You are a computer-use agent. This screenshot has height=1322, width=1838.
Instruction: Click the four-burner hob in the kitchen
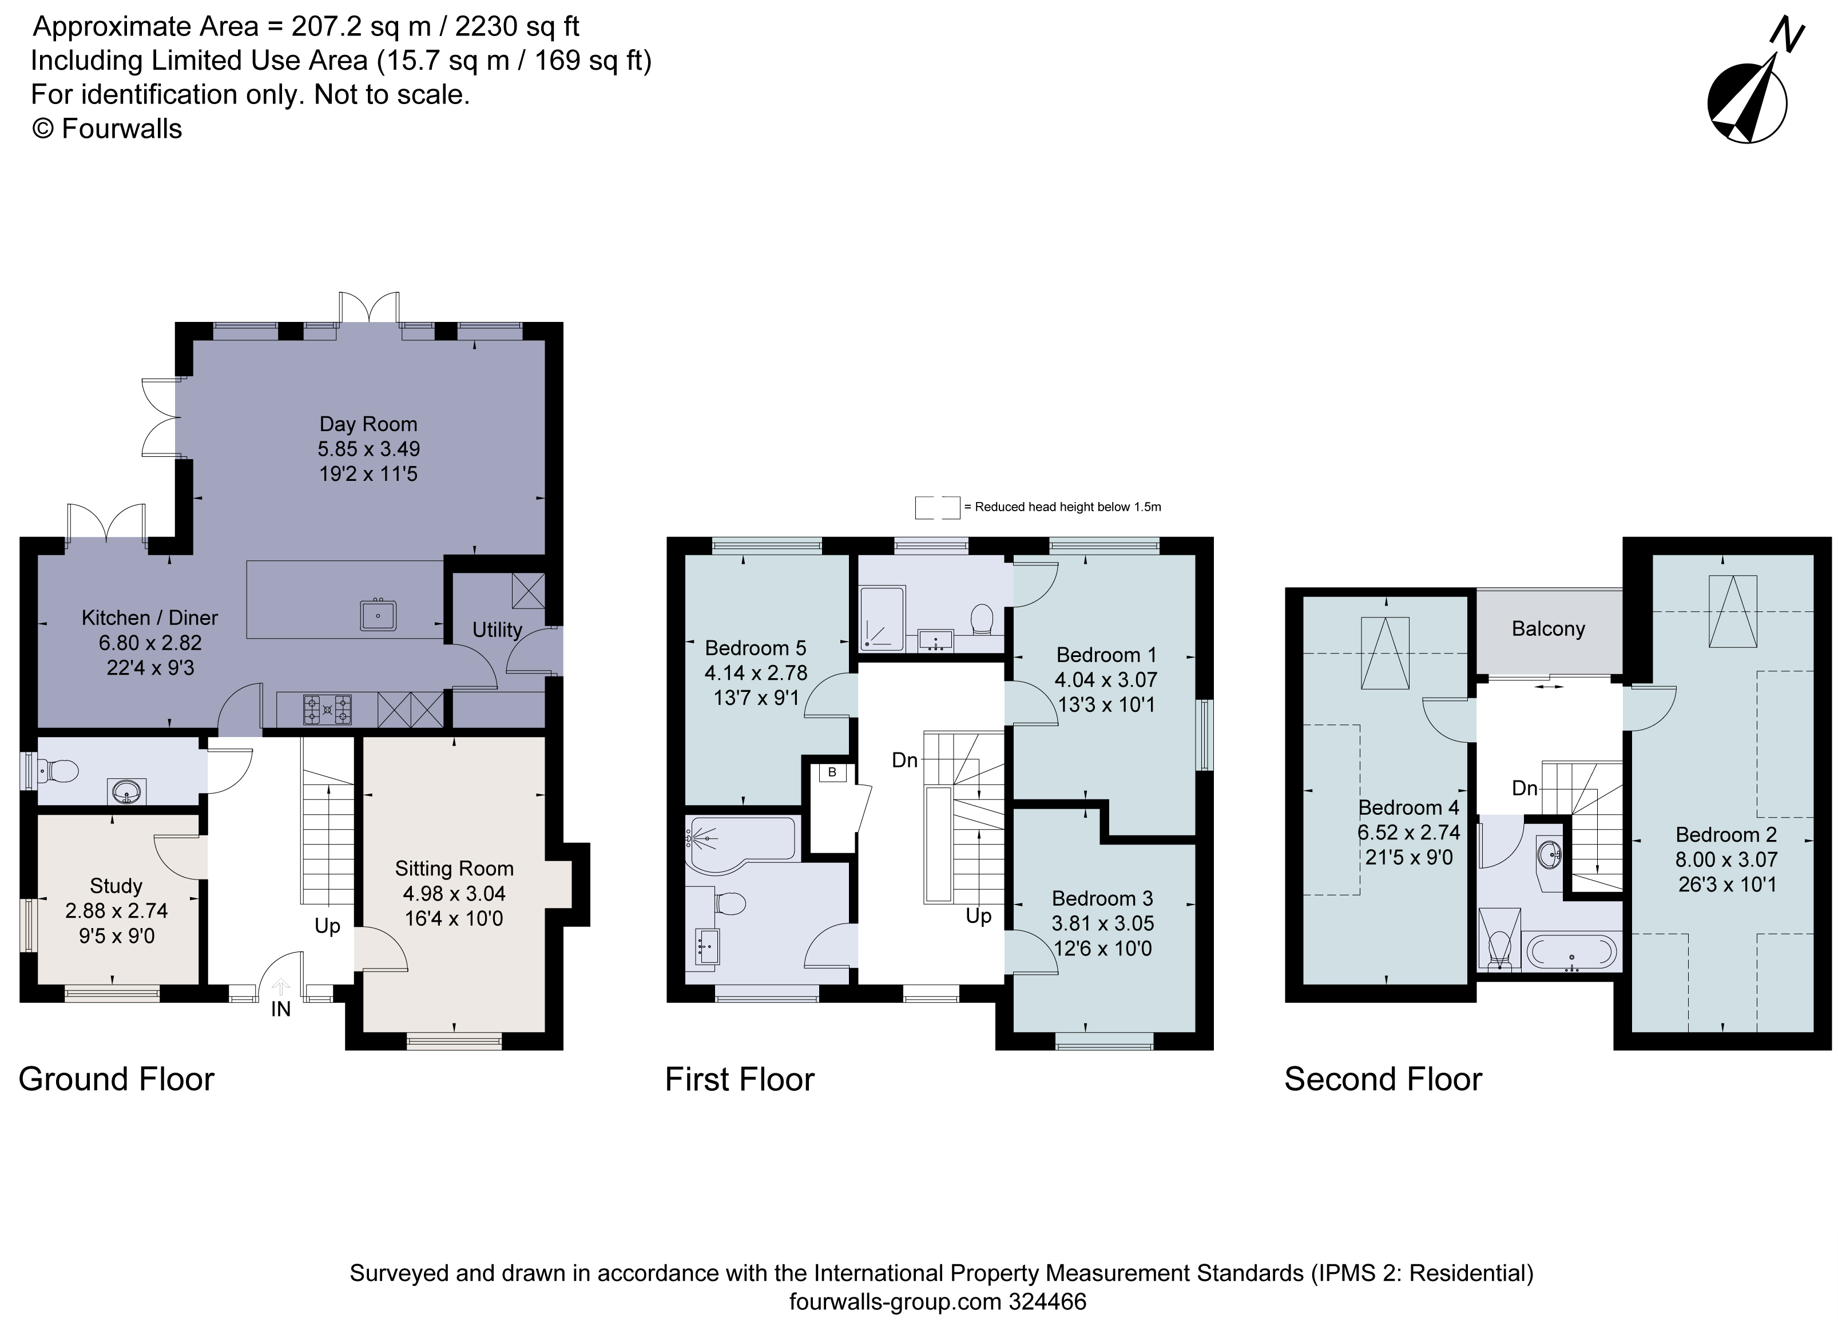pyautogui.click(x=327, y=710)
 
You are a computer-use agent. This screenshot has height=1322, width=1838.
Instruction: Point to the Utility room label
pyautogui.click(x=497, y=630)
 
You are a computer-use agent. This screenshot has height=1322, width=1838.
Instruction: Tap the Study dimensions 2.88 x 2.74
pyautogui.click(x=116, y=910)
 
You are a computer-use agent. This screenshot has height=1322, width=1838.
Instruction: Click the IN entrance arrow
pyautogui.click(x=280, y=987)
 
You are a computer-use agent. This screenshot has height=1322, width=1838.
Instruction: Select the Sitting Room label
pyautogui.click(x=454, y=869)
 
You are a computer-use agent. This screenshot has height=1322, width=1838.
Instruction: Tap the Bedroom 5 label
pyautogui.click(x=755, y=648)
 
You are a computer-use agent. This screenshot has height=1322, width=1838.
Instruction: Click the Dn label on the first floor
pyautogui.click(x=904, y=760)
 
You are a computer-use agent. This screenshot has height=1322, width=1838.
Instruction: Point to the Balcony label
pyautogui.click(x=1548, y=628)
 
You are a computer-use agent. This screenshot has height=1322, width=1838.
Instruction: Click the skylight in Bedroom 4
pyautogui.click(x=1384, y=653)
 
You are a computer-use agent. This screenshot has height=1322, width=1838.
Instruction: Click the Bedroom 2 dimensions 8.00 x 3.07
pyautogui.click(x=1727, y=859)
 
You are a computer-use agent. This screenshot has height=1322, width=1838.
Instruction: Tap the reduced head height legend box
pyautogui.click(x=937, y=508)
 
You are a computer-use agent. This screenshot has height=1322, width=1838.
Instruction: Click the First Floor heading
pyautogui.click(x=739, y=1080)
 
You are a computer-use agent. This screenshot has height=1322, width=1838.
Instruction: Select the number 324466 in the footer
pyautogui.click(x=1047, y=1302)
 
